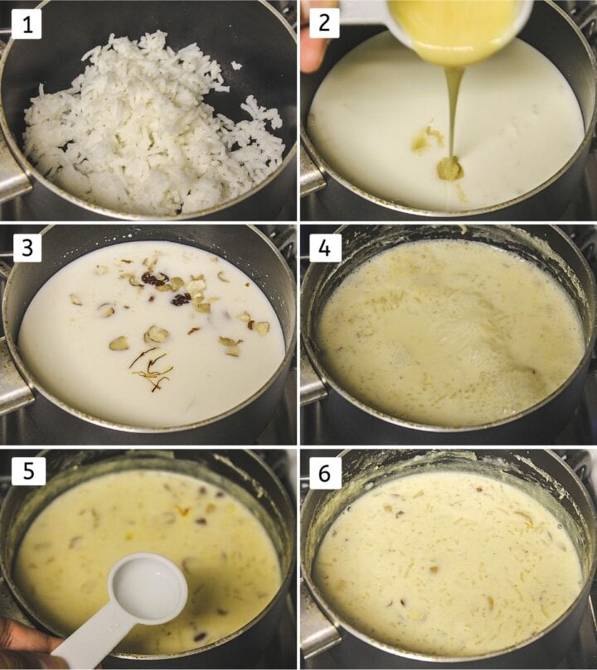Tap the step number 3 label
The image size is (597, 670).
click(27, 247)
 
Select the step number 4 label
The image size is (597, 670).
click(324, 247)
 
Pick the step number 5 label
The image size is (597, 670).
click(27, 471)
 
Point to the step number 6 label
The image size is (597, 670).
click(324, 471)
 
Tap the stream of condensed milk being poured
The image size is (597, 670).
click(453, 108)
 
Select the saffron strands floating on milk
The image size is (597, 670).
click(153, 371)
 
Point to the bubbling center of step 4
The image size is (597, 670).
click(456, 327)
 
